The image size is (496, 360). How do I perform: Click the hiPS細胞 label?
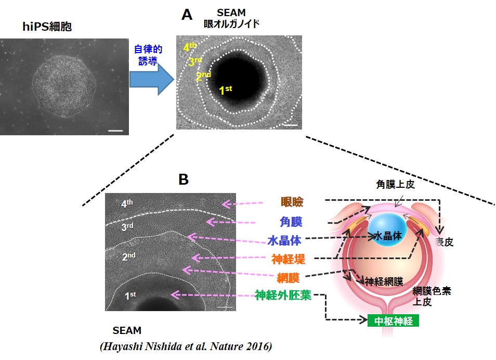[47, 27]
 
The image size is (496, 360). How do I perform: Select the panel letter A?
[187, 15]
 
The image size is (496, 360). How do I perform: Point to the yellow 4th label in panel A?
[190, 47]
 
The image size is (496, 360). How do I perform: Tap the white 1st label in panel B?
[130, 295]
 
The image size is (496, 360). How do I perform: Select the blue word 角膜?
[291, 222]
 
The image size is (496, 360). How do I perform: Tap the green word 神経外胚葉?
[283, 295]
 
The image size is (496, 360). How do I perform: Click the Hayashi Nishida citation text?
[186, 346]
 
